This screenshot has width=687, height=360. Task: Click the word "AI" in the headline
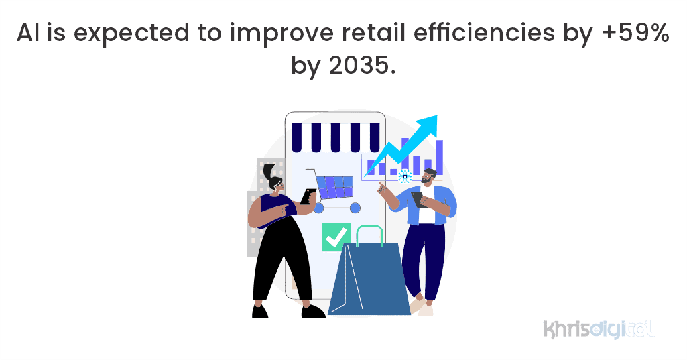29,33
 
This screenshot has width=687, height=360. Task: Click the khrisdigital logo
599,328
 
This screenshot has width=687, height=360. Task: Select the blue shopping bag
369,282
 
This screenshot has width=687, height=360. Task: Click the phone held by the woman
308,196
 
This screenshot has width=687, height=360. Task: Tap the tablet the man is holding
418,199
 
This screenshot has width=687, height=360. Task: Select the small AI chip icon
405,176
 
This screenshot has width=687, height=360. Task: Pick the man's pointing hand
382,186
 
